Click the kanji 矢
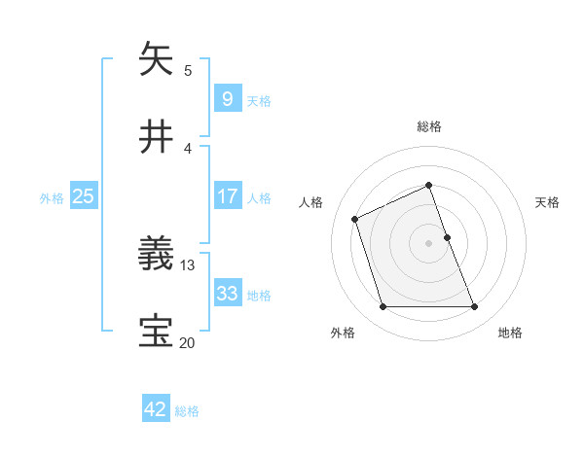tap(158, 60)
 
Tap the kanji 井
tap(158, 137)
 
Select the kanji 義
tap(158, 256)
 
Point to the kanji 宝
tap(158, 332)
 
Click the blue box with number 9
tap(227, 99)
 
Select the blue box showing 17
tap(227, 196)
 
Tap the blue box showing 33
tap(227, 294)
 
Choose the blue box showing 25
tap(83, 196)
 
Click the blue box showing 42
tap(156, 409)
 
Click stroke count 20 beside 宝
tap(188, 341)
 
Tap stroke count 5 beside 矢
tap(188, 70)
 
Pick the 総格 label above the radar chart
tap(429, 126)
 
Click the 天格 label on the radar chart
tap(548, 202)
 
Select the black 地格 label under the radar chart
tap(510, 333)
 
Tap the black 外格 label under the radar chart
tap(343, 333)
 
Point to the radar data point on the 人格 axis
tap(355, 218)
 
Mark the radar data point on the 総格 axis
tap(429, 185)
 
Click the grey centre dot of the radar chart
tap(429, 243)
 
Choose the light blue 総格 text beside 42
tap(187, 411)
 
